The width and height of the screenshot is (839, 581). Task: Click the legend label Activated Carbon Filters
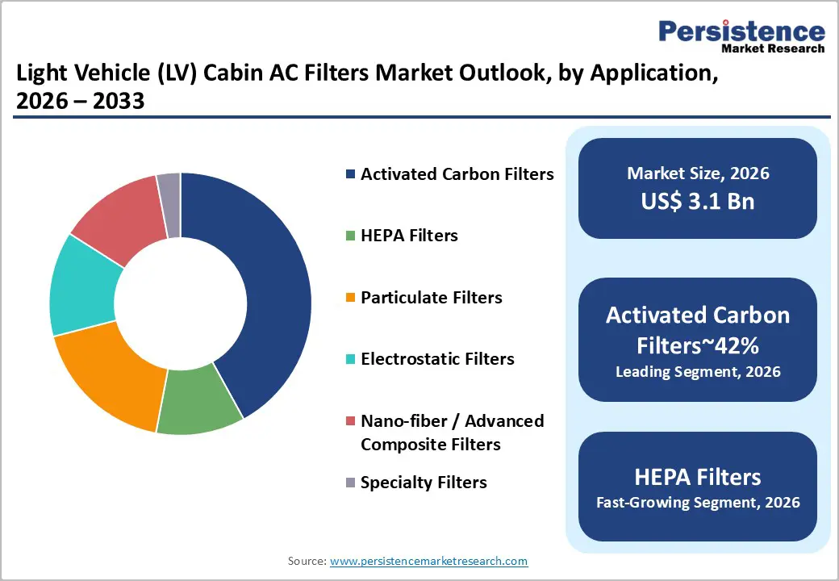(x=457, y=174)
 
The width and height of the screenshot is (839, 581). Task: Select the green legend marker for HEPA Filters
(x=349, y=236)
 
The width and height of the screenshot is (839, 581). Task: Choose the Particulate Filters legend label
(x=431, y=298)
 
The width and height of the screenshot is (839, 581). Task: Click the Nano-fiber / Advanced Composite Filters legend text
(x=452, y=433)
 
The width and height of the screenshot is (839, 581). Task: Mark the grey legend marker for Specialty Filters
(x=349, y=483)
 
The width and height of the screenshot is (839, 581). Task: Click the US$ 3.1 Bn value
(x=698, y=201)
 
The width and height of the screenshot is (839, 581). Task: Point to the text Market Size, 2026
(x=698, y=173)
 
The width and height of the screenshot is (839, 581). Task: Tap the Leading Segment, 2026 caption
(x=698, y=372)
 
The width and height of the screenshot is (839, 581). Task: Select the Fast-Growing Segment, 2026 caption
(x=698, y=503)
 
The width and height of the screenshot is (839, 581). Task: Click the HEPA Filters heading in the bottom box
(x=698, y=476)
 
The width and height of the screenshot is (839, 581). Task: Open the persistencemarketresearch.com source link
(x=428, y=561)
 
